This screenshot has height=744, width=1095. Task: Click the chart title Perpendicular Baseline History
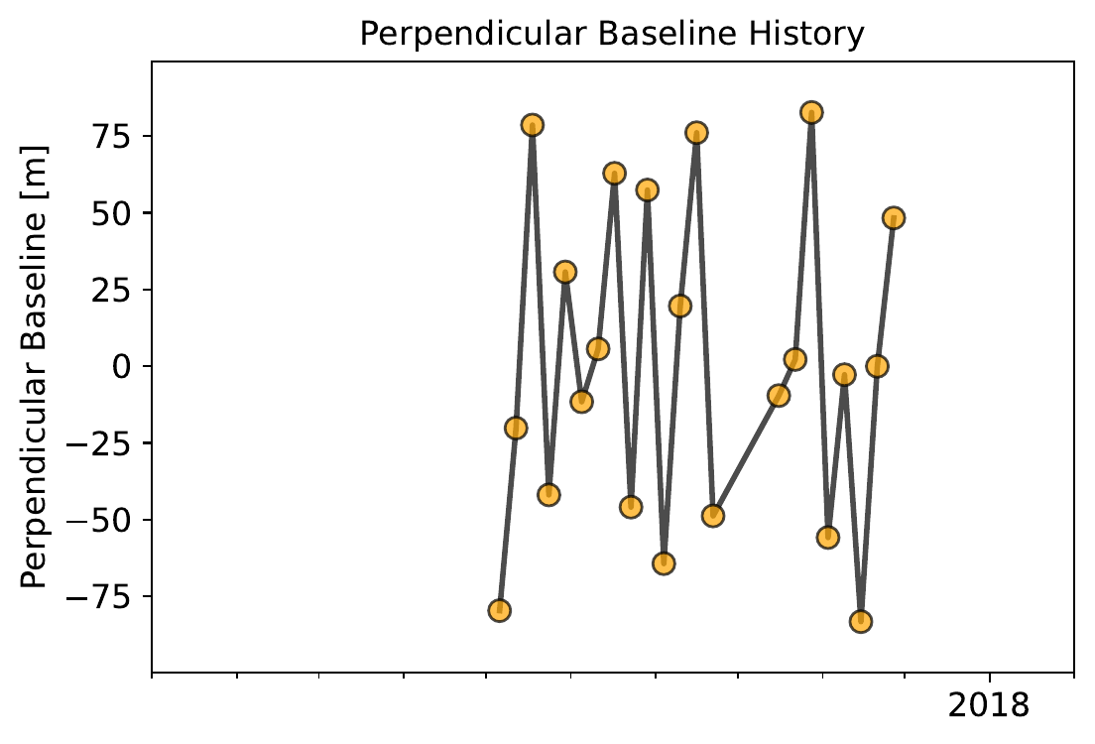click(612, 34)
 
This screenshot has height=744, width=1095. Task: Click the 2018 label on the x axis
click(990, 705)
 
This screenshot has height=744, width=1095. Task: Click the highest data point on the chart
click(811, 113)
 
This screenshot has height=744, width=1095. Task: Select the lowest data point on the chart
click(861, 622)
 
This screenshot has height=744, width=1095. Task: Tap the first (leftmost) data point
click(499, 610)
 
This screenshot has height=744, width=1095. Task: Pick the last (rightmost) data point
click(894, 218)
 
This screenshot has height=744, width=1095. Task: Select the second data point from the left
click(516, 428)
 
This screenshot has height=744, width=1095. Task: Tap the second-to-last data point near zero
click(877, 366)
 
